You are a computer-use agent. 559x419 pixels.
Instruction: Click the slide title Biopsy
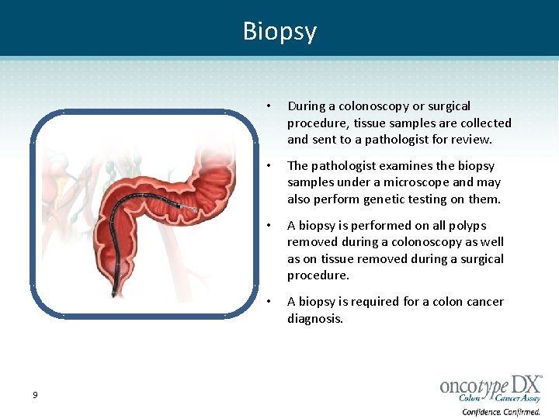point(279,31)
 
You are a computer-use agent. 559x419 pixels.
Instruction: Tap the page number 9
point(35,396)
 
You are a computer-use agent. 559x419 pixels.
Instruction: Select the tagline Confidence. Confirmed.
point(501,411)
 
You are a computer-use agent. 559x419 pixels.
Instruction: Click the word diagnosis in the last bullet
point(314,318)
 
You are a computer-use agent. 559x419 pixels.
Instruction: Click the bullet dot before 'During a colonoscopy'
point(267,106)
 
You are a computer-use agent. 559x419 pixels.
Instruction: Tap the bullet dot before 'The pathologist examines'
point(267,166)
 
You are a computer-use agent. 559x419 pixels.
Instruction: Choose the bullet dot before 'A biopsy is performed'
point(267,226)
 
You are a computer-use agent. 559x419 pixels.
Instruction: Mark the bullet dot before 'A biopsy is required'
point(267,302)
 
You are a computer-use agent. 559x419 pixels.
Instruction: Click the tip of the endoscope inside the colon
point(191,208)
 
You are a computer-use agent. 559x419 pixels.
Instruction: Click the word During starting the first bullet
point(304,106)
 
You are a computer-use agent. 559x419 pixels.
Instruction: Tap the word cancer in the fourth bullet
point(484,302)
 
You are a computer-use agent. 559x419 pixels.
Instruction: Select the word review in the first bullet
point(470,140)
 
